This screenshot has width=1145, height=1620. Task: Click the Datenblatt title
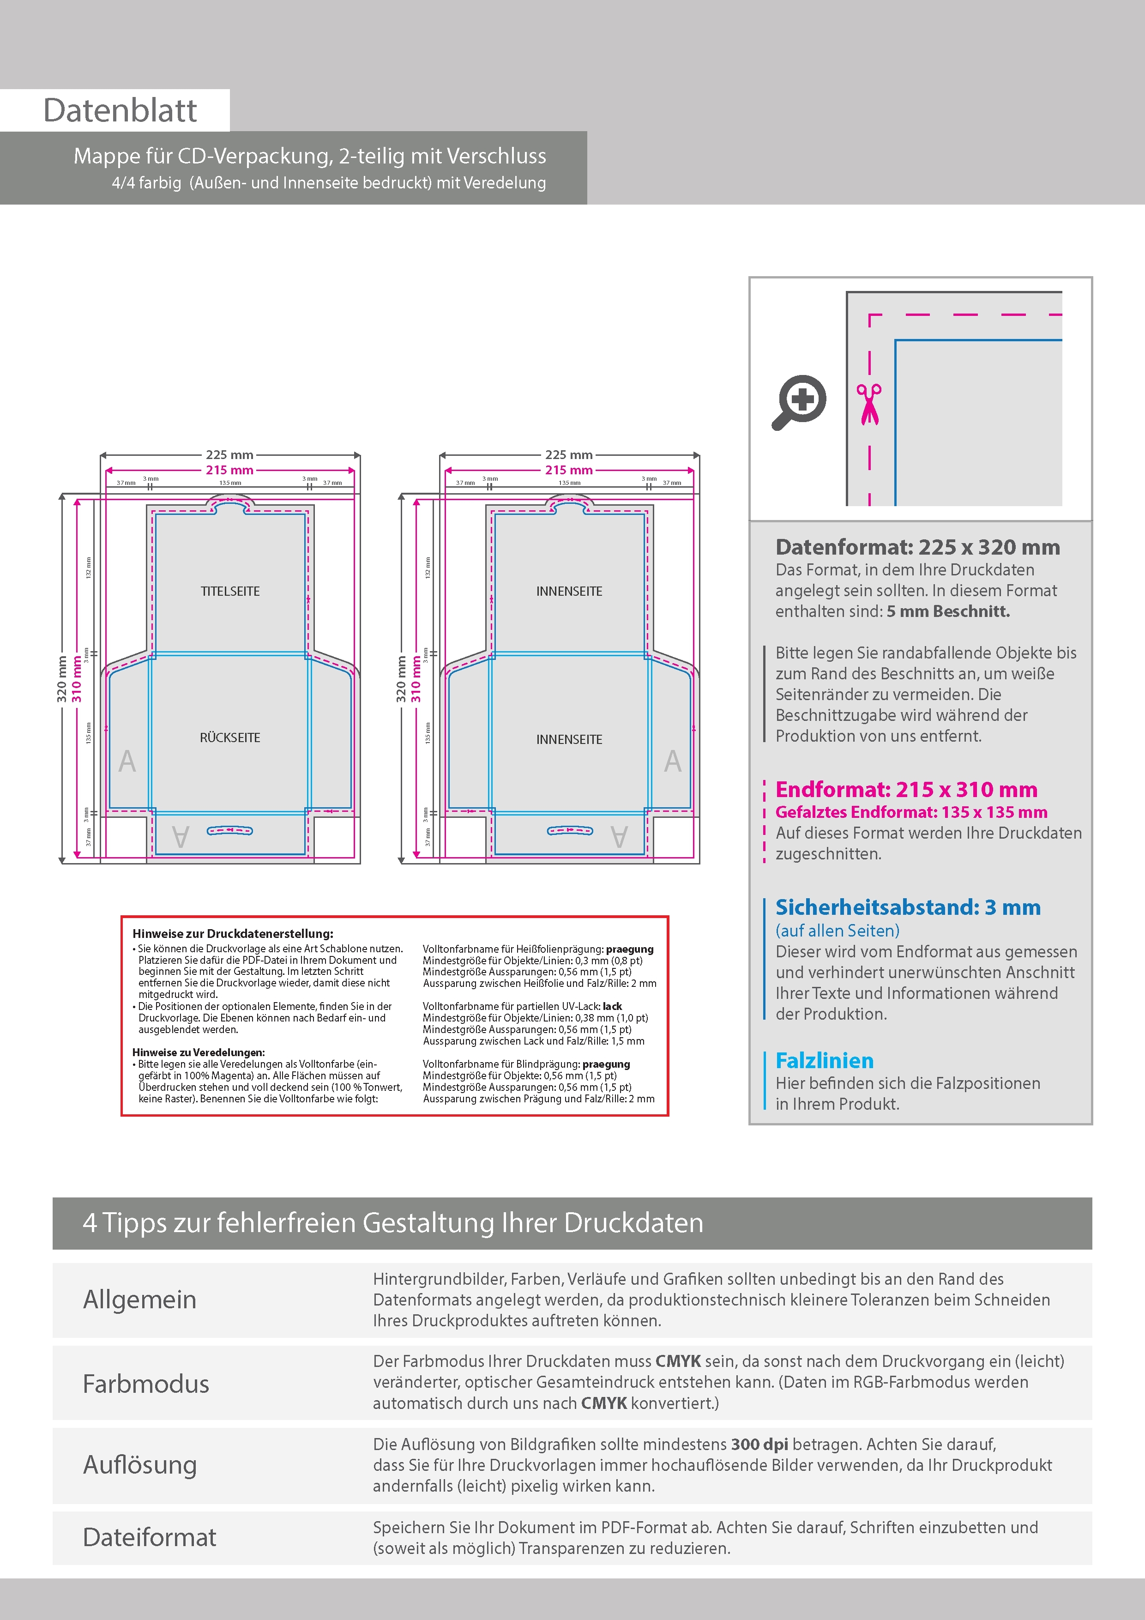120,111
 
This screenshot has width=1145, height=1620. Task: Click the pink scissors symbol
869,404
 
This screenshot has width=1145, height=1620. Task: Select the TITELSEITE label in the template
230,591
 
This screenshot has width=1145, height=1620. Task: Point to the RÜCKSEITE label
230,737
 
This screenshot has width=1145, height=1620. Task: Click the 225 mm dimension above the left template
230,455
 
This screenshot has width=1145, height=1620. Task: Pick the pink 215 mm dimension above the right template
569,470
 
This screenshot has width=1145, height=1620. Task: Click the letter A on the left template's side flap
127,761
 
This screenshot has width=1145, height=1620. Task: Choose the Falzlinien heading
824,1060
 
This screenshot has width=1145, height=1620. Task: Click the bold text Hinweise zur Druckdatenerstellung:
233,933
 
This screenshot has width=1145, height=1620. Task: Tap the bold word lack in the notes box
612,1006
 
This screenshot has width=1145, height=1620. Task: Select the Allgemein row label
140,1299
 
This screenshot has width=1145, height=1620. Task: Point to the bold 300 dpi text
760,1445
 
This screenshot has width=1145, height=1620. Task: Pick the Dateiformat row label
150,1537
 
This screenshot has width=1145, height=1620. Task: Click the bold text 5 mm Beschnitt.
948,611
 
